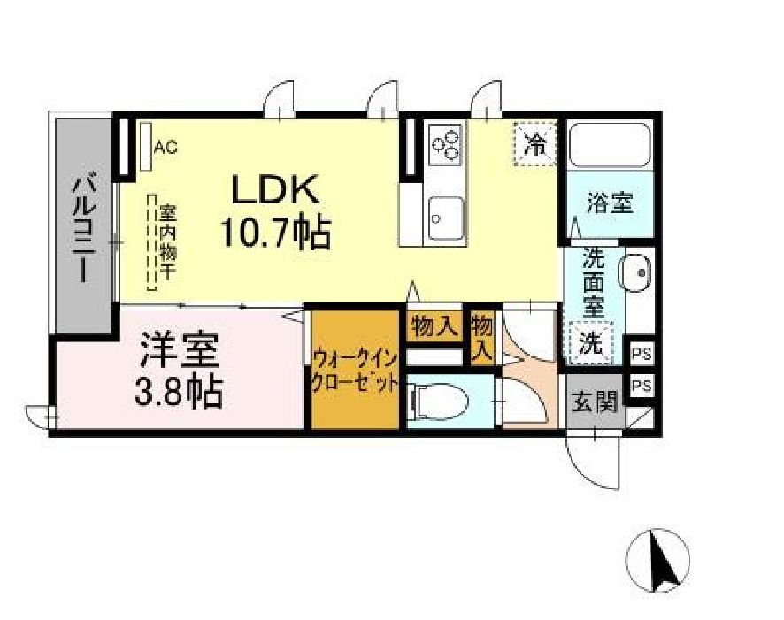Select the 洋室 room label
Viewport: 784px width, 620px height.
tap(177, 352)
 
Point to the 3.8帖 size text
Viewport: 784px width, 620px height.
tap(177, 392)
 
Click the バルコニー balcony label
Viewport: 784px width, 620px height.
tap(85, 228)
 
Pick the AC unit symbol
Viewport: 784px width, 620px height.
tap(146, 146)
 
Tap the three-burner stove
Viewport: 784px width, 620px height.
tap(445, 143)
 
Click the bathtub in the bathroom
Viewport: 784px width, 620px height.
tap(610, 145)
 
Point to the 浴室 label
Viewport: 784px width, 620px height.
tap(610, 203)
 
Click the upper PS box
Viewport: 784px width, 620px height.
tap(642, 353)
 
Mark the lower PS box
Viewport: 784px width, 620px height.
tap(642, 386)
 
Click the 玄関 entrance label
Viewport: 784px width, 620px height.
tap(595, 402)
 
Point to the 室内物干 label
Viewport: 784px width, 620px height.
tap(165, 242)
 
